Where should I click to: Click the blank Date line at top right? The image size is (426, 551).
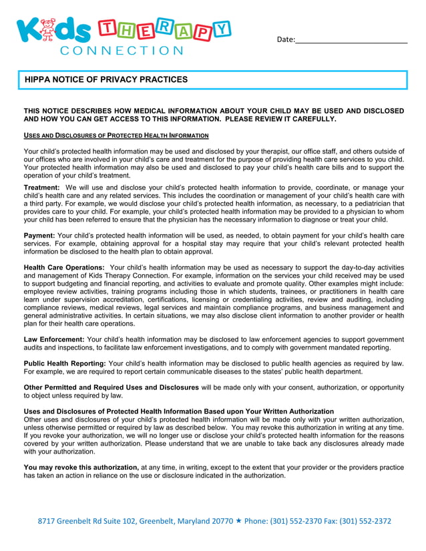351,40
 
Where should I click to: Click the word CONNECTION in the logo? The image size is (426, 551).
121,50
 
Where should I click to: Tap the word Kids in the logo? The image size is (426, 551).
55,32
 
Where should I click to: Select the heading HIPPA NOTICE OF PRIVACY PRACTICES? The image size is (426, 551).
106,79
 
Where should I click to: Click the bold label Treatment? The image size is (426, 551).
42,188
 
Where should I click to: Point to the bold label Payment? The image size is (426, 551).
39,235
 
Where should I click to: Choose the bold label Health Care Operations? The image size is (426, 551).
64,267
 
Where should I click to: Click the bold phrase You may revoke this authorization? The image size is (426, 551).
81,468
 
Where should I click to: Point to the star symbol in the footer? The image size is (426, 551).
238,521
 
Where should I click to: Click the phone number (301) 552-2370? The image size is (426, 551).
297,521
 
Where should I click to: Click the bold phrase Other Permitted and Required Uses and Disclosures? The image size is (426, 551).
111,388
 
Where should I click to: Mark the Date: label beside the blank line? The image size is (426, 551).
285,39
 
